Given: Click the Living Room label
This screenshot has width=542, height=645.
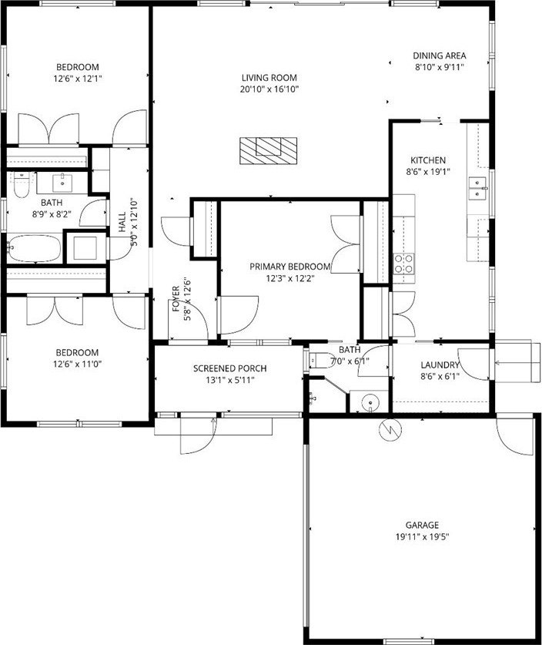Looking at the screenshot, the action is click(x=269, y=77).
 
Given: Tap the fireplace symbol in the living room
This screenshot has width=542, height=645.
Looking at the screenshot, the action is click(x=269, y=150).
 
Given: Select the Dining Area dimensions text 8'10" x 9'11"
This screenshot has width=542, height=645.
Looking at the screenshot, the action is click(x=440, y=67).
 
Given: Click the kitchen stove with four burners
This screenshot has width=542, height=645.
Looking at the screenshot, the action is click(x=404, y=264).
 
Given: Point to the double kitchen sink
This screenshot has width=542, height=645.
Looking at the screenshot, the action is click(x=478, y=188).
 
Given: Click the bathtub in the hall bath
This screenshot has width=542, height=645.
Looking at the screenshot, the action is click(x=34, y=248).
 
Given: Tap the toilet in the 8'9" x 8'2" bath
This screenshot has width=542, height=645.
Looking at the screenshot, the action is click(x=21, y=185).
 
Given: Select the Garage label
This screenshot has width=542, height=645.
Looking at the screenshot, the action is click(x=422, y=525).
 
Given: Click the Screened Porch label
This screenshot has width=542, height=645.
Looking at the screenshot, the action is click(x=229, y=368).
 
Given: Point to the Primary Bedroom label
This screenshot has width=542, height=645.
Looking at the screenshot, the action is click(x=290, y=267).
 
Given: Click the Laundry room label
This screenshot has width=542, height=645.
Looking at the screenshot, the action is click(x=440, y=364).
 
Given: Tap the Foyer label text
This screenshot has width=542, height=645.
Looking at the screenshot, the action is click(x=176, y=299).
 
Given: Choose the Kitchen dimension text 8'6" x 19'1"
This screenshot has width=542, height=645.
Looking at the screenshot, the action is click(x=428, y=172).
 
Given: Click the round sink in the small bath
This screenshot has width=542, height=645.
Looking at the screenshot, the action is click(x=371, y=402).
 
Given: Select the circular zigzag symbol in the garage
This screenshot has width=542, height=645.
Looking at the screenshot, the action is click(x=390, y=430).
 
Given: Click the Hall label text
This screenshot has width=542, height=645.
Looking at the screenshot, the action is click(x=122, y=222).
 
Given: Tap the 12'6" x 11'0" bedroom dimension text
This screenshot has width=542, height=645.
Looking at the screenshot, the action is click(x=77, y=364).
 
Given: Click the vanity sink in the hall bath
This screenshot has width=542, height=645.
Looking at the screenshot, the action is click(x=62, y=181).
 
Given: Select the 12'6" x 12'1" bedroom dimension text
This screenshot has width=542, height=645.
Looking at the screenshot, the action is click(x=78, y=78).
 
